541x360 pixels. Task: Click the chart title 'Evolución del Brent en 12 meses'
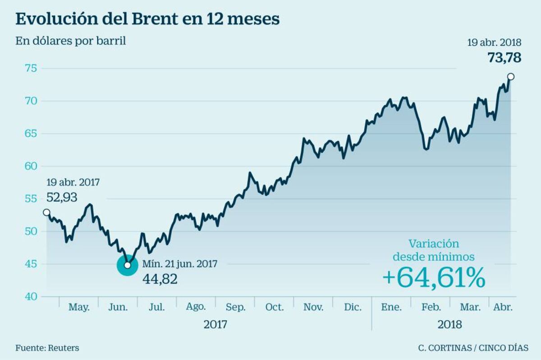coord(147,19)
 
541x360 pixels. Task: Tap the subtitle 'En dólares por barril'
coord(71,41)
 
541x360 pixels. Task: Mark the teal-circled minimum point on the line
coord(128,265)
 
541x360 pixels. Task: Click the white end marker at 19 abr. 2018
coord(510,76)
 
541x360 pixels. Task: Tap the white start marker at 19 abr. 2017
coord(46,212)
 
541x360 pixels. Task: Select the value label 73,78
coord(504,58)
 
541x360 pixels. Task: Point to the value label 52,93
coord(62,197)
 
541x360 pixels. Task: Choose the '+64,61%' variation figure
coord(434,277)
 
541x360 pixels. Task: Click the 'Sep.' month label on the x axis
coord(235,307)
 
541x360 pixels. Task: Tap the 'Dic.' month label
coord(353,307)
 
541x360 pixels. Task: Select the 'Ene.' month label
coord(391,307)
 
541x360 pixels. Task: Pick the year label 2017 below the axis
coord(215,324)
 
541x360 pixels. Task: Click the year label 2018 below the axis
coord(449,324)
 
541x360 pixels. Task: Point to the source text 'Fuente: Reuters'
coord(47,348)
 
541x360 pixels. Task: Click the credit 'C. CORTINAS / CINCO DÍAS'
coord(473,348)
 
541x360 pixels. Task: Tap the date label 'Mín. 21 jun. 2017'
coord(180,264)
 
